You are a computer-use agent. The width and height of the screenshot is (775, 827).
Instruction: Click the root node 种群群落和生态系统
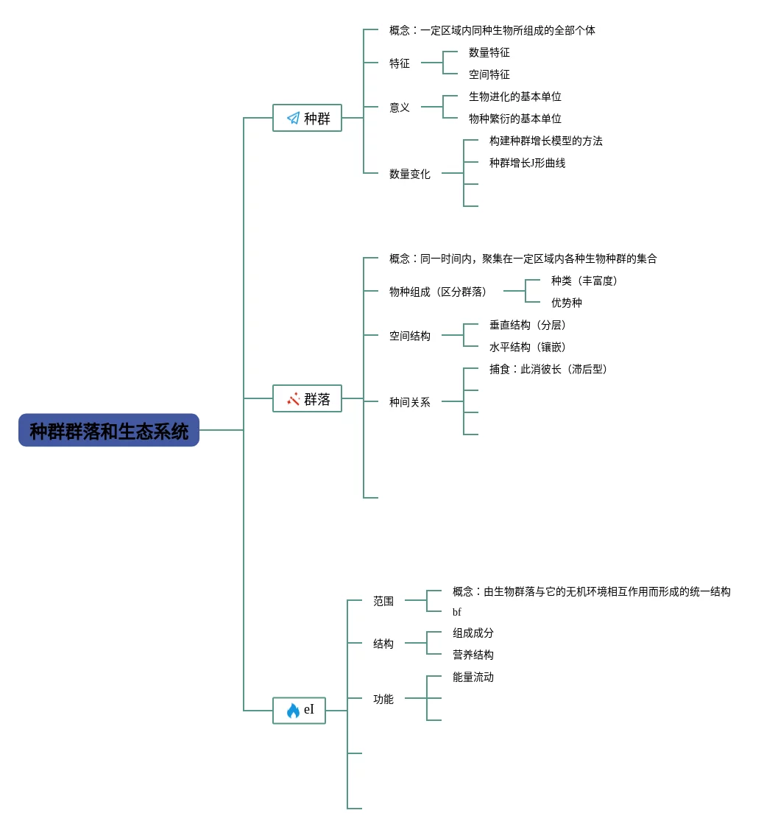[x=109, y=431]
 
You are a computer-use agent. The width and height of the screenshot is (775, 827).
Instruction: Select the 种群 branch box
[x=308, y=118]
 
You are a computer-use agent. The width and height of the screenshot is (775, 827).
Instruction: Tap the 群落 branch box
[x=308, y=399]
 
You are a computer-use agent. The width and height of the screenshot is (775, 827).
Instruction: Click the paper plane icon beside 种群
[x=293, y=118]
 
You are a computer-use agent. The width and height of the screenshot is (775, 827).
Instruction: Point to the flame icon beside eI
[x=293, y=711]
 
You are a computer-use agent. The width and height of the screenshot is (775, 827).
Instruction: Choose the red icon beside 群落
[x=293, y=399]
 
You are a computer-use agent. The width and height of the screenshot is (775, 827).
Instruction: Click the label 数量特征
[x=489, y=52]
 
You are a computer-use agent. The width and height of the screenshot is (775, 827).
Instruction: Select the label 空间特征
[x=489, y=74]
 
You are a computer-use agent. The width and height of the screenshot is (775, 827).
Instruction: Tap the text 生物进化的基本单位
[x=514, y=96]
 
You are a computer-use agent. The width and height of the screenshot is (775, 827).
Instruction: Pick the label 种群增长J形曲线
[x=527, y=163]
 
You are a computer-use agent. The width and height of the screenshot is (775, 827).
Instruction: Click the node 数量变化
[x=409, y=174]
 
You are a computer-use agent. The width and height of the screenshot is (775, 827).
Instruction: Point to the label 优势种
[x=566, y=303]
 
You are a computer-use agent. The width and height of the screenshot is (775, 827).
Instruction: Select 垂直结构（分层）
[x=530, y=325]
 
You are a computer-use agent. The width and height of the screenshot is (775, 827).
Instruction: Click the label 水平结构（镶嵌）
[x=530, y=347]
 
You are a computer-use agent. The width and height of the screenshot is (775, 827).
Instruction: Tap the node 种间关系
[x=409, y=402]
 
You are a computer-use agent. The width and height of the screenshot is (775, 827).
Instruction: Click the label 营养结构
[x=473, y=655]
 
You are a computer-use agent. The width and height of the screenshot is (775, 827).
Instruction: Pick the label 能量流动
[x=473, y=677]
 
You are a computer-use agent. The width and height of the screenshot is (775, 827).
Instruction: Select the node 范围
[x=383, y=601]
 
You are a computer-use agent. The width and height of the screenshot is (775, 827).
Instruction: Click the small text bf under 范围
[x=456, y=612]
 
